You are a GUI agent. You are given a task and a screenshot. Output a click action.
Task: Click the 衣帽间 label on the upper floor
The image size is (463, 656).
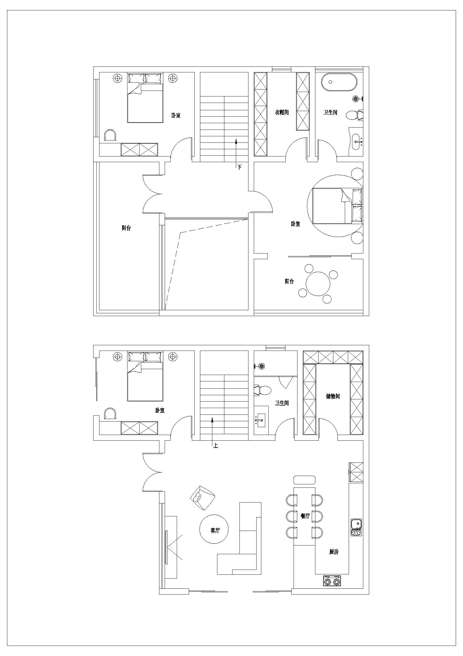coord(281,112)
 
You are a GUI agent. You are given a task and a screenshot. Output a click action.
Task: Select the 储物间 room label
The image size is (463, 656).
coord(333,396)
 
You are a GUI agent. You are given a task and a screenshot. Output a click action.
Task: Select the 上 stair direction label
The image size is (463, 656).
coord(215,445)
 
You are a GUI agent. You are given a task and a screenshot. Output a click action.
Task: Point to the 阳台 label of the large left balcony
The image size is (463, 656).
coord(126,228)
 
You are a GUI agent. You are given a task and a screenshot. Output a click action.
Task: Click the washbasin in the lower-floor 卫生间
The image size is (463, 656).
coord(261,420)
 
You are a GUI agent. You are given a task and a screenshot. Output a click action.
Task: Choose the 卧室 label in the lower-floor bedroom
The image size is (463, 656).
coord(160,411)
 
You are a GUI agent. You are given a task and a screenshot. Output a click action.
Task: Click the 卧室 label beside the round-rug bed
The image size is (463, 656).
coord(296,224)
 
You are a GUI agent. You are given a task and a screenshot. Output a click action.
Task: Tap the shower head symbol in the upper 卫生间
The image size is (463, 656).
coord(356,99)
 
